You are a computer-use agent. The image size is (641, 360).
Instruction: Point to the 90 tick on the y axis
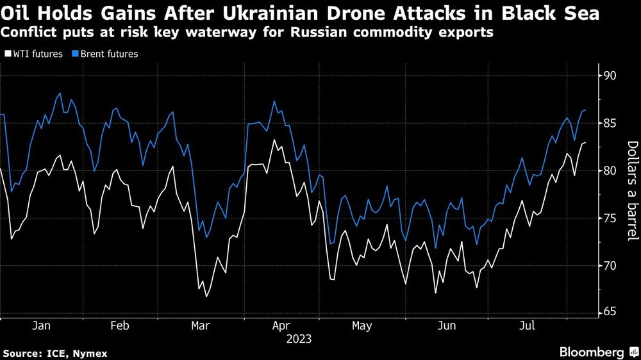(608, 76)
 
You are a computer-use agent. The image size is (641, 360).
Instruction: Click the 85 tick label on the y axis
(608, 124)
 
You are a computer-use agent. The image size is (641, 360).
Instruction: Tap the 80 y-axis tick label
(608, 171)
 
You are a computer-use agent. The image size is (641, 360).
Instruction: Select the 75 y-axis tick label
(608, 218)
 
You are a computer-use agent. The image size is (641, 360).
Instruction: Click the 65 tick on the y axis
(608, 313)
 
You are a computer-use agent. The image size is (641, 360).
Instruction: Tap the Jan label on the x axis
(42, 326)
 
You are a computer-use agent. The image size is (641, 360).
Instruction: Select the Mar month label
(201, 326)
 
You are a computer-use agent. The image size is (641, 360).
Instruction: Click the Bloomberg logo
(595, 352)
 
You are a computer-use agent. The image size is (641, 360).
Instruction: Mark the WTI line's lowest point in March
(206, 297)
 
